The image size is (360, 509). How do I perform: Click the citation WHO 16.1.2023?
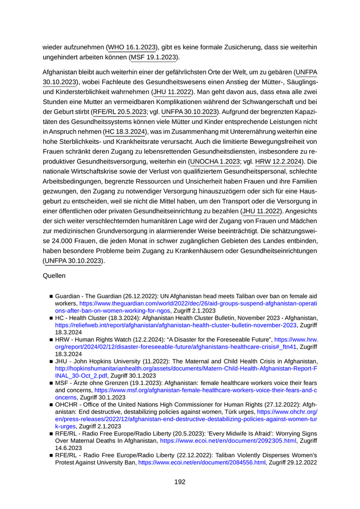(x=132, y=47)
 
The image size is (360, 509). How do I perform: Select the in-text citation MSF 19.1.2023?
(x=153, y=57)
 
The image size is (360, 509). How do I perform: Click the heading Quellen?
(x=54, y=276)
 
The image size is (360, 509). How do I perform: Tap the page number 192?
(x=179, y=482)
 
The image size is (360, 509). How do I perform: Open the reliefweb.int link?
(x=176, y=325)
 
